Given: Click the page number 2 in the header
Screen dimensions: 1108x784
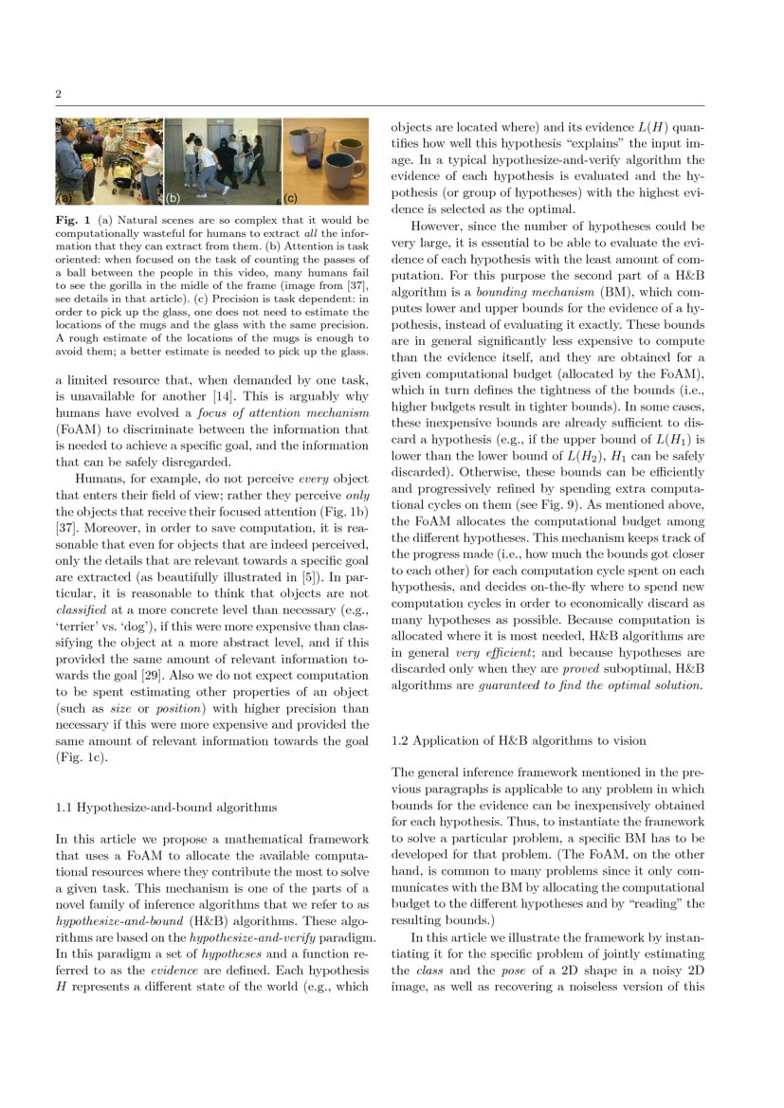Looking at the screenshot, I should (59, 95).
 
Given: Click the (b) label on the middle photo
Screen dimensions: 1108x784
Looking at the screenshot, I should (173, 200).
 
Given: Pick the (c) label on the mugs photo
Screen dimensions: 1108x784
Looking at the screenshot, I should (291, 200).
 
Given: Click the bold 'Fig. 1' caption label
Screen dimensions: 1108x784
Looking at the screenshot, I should (71, 221).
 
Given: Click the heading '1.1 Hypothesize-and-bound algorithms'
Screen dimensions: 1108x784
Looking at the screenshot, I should (166, 808).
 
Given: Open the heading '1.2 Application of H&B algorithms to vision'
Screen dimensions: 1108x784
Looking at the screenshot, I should (519, 740).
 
